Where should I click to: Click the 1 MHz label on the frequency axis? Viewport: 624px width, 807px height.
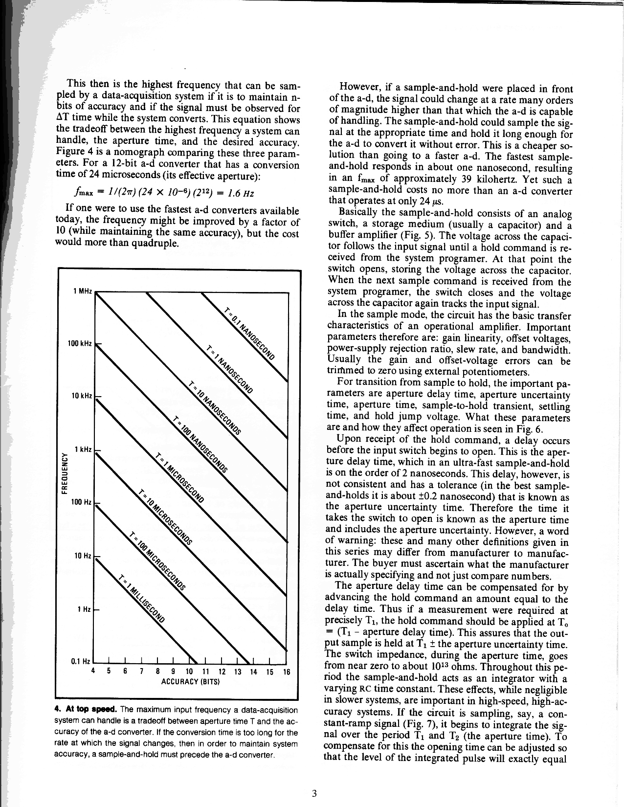82,291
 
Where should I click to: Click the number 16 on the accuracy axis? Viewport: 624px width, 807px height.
287,672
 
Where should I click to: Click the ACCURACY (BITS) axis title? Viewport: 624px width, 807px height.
191,681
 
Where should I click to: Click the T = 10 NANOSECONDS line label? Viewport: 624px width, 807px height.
215,406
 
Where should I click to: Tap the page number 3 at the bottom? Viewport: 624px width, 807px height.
314,793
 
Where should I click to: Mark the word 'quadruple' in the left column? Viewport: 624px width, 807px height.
155,243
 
